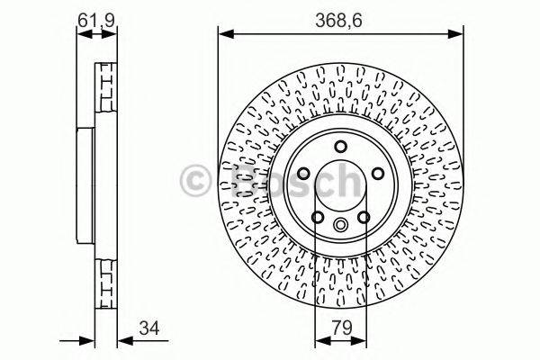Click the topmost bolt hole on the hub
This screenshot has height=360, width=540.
tap(340, 147)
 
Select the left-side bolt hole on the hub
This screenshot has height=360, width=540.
tap(303, 174)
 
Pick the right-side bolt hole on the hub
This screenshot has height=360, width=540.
tap(377, 174)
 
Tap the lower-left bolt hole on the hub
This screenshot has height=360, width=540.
tap(317, 217)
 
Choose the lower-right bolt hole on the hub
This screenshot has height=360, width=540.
tap(363, 217)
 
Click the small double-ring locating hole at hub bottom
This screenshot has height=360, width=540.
tap(340, 225)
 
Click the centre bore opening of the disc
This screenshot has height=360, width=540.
tap(340, 184)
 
